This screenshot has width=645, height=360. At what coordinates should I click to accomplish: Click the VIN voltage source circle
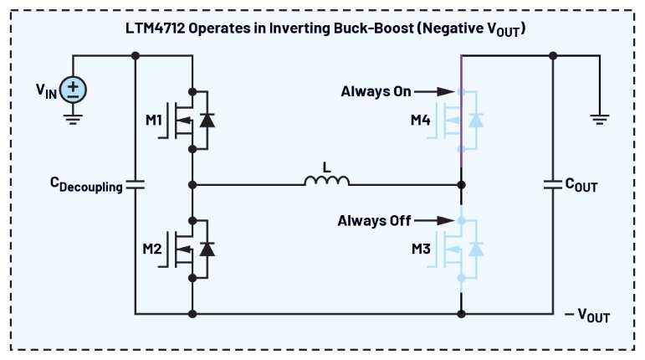coord(73,90)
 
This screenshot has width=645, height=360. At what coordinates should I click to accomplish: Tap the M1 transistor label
coord(154,121)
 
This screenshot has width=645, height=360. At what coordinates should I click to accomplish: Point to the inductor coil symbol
coord(326,181)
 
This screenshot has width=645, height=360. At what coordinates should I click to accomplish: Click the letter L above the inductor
coord(327,167)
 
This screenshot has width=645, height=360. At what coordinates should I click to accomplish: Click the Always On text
coord(376,90)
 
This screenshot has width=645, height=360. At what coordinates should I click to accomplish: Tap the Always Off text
coord(374,221)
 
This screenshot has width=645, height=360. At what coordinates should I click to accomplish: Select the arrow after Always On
coord(435,90)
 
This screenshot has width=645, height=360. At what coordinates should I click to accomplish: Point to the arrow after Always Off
coord(435,221)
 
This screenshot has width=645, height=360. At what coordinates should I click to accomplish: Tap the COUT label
coord(582,186)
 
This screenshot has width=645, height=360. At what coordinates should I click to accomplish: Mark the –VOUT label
coord(587,316)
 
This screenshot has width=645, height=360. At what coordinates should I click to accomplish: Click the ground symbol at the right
coord(600,120)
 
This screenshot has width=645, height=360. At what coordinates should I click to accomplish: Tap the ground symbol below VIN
coord(73,120)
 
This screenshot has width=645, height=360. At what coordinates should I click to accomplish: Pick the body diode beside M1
coord(207,121)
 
